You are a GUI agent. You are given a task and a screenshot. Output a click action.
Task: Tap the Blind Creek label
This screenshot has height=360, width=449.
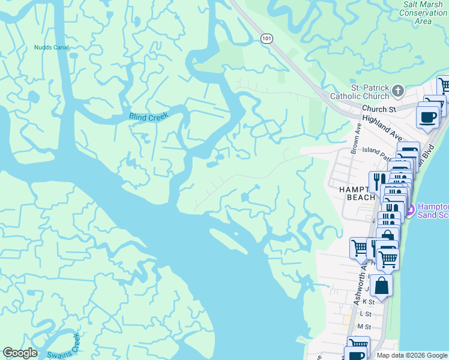pyautogui.click(x=149, y=116)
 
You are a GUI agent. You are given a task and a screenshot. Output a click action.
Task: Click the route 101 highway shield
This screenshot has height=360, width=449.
pyautogui.click(x=266, y=38)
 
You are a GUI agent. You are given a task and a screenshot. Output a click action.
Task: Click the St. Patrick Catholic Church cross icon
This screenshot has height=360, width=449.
pyautogui.click(x=397, y=91)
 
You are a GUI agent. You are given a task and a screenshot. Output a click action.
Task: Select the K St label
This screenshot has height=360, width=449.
pyautogui.click(x=368, y=302)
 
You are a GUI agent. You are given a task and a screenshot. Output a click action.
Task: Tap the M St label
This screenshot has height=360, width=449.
pyautogui.click(x=364, y=326)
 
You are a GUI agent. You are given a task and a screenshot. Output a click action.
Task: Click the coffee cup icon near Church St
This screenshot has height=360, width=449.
pyautogui.click(x=428, y=116)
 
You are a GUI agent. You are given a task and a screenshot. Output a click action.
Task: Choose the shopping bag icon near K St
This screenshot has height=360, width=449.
pyautogui.click(x=381, y=285)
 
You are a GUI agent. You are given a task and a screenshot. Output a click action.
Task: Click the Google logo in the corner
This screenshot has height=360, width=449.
pyautogui.click(x=20, y=353)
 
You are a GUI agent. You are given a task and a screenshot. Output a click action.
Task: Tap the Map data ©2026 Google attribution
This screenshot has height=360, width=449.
pyautogui.click(x=411, y=355)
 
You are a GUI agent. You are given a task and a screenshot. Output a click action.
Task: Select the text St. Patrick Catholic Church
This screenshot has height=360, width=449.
pyautogui.click(x=361, y=92)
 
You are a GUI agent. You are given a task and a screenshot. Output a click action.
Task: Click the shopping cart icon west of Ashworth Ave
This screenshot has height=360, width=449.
pyautogui.click(x=359, y=247)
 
